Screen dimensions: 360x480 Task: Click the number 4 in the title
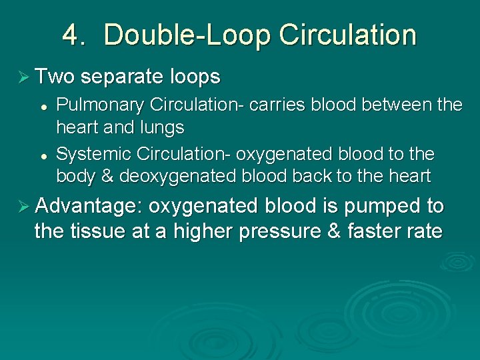(x=72, y=35)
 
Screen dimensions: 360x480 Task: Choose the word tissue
(x=96, y=233)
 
